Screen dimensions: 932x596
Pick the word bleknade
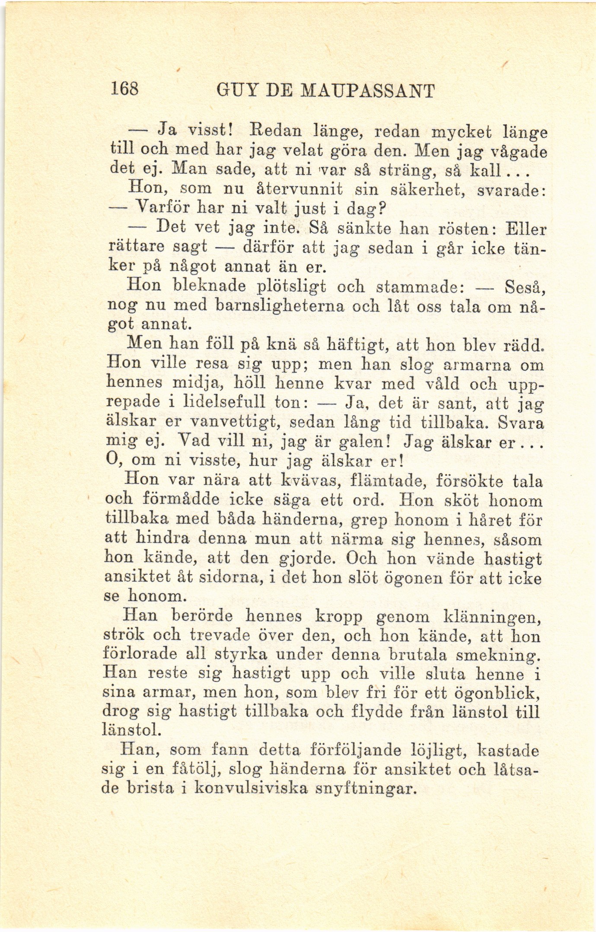pos(209,286)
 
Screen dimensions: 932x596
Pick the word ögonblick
pos(497,693)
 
